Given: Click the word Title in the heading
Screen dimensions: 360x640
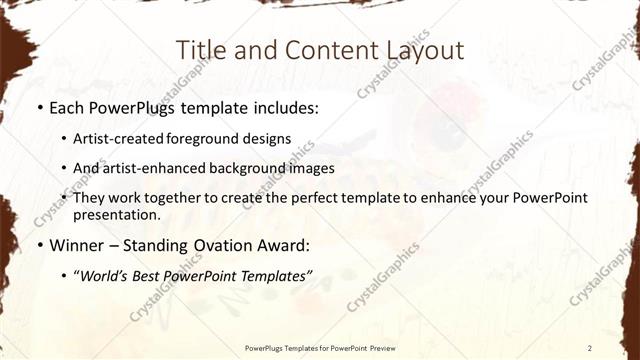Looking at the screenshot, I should (199, 51).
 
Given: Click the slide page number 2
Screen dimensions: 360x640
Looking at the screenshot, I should (590, 347).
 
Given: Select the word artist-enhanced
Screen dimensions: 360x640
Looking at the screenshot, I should (151, 168).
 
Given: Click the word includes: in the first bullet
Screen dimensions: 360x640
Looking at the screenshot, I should (284, 107).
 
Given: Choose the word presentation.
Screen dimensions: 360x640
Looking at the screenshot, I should (116, 214).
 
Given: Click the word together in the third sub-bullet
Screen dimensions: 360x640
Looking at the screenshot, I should (178, 198).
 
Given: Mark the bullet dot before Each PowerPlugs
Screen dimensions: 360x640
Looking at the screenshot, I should (38, 107).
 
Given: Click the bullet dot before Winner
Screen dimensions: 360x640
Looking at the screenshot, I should (38, 245).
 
